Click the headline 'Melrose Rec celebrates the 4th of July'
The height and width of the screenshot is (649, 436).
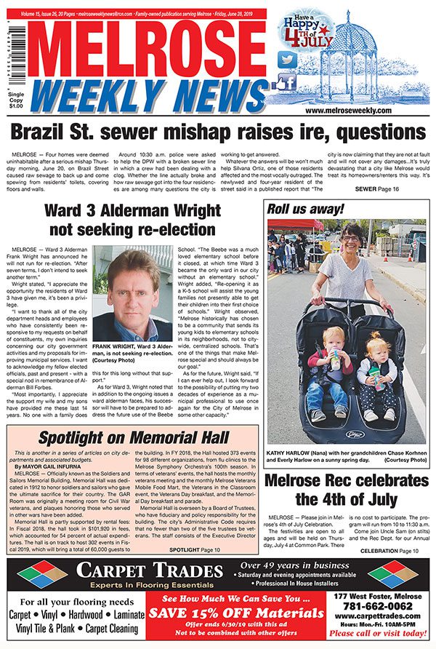coord(345,490)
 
